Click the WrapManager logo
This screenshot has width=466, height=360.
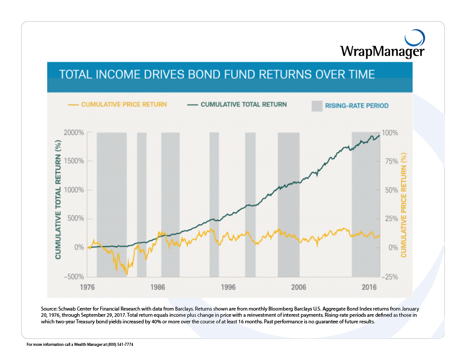[382, 45]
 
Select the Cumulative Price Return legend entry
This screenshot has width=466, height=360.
[118, 105]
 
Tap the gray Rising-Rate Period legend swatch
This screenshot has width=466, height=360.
[317, 106]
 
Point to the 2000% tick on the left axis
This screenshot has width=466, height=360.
[73, 133]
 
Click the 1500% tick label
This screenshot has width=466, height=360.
[73, 161]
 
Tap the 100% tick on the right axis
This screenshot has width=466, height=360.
[390, 133]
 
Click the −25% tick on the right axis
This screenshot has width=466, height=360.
[390, 277]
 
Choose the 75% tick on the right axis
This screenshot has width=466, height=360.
[390, 161]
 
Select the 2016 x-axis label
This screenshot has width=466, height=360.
[369, 287]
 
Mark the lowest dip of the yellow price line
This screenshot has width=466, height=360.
[127, 274]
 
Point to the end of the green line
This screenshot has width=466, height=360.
[379, 135]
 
